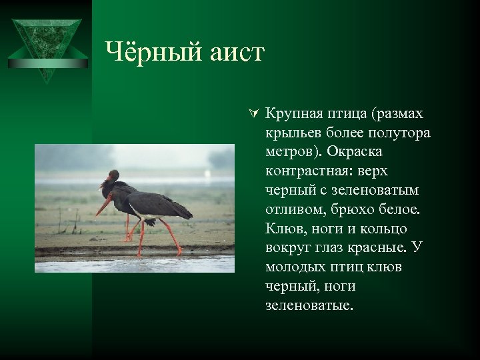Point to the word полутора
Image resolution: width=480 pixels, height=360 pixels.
(398, 133)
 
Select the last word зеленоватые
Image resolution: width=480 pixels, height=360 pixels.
(305, 306)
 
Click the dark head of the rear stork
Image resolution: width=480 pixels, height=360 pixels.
(113, 177)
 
